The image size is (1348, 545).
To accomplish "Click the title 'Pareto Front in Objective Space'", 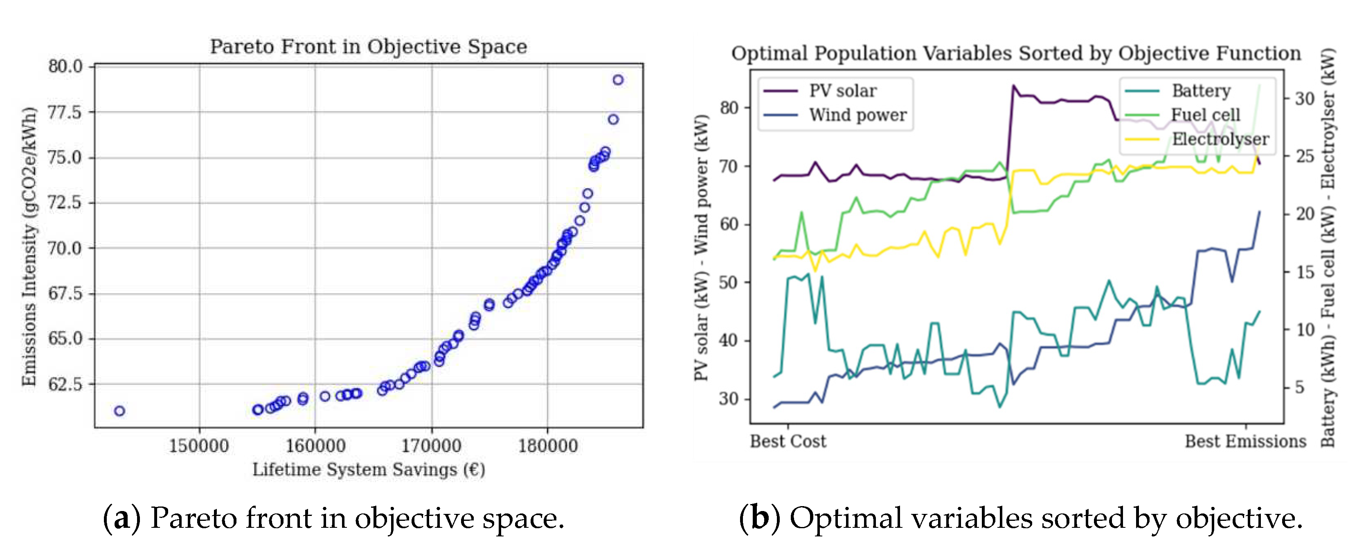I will coord(368,47).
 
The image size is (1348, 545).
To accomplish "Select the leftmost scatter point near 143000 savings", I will coord(119,411).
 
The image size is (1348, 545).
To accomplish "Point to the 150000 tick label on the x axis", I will coord(199,446).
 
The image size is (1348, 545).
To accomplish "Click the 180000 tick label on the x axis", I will coord(548,446).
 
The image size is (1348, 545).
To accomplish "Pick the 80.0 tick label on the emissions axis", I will coord(65,66).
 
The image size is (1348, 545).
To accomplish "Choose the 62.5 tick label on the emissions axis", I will coord(65,384).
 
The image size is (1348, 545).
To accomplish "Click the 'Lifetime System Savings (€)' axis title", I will coord(368,470).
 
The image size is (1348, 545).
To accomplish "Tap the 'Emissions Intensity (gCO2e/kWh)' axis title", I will coord(29,246).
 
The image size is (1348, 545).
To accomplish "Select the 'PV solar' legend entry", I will coord(842,91).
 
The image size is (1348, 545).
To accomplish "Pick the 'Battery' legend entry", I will coord(1201,91).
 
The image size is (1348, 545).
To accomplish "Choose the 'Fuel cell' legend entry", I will coord(1205,115).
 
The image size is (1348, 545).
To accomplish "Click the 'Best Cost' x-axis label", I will coord(788,441).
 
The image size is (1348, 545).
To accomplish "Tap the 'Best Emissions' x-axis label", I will coord(1245,441).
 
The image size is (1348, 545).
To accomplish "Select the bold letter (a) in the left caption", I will coord(122,518).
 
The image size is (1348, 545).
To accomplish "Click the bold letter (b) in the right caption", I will coord(759,518).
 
